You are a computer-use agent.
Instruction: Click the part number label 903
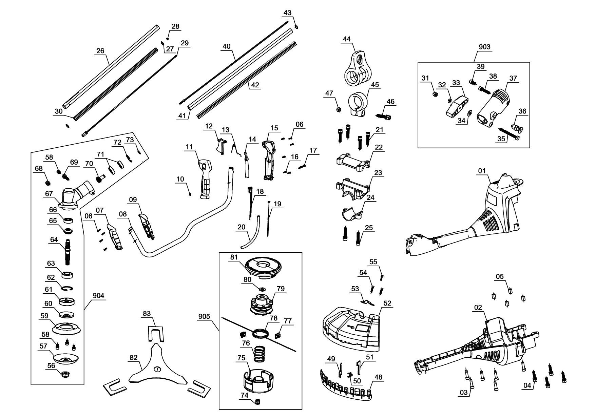[484, 47]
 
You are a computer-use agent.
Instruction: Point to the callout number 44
[346, 39]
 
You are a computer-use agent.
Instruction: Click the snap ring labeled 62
[68, 288]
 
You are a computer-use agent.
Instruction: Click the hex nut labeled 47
[338, 109]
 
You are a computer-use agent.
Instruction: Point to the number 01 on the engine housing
[482, 171]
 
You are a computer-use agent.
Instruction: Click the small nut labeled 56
[64, 374]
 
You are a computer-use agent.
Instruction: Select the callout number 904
[99, 296]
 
